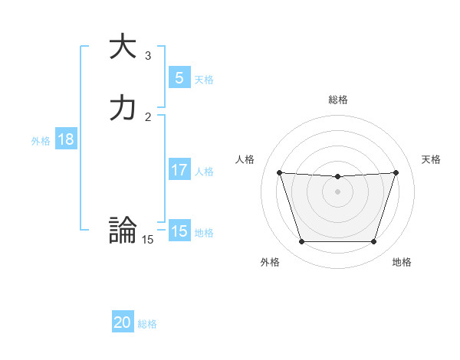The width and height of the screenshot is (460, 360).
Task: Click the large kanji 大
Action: coord(123,47)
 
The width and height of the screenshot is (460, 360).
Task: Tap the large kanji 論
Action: coord(123,230)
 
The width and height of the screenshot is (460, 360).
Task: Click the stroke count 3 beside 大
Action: coord(148,56)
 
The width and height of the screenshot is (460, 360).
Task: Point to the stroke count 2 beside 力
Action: coord(148,116)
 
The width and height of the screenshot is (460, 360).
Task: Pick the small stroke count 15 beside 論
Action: coord(148,240)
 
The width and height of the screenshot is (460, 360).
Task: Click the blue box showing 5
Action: coord(179,77)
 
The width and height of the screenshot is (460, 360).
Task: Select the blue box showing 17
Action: coord(179,170)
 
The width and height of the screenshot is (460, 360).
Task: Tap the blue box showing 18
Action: coord(65,139)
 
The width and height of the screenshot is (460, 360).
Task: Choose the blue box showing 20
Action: coord(123,322)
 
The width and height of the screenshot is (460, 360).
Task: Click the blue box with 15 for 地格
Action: coord(179,231)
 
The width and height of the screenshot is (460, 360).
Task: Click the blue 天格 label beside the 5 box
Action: coord(204,79)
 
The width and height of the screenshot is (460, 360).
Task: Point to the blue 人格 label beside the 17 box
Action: coord(204,172)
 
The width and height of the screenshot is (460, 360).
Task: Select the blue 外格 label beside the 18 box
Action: coord(41,140)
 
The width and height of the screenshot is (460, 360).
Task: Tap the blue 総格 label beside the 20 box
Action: coord(147,324)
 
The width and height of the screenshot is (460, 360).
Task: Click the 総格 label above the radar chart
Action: coord(337,100)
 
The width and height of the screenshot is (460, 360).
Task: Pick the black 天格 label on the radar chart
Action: coord(431,159)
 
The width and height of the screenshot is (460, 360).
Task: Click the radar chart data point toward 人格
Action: coord(279,172)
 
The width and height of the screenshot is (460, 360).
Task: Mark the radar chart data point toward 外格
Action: coord(301,242)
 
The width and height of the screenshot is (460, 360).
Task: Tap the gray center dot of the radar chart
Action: coord(337,191)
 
